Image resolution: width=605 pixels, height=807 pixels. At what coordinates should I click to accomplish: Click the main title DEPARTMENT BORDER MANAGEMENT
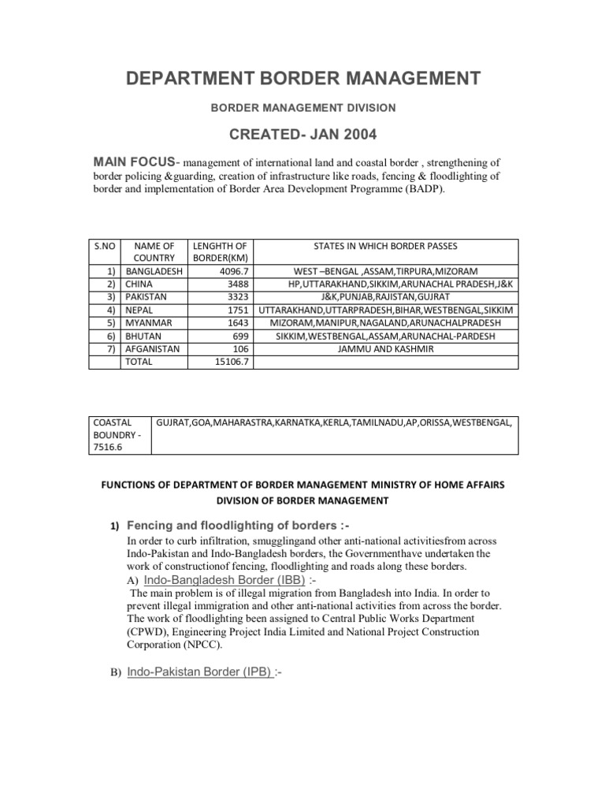302,77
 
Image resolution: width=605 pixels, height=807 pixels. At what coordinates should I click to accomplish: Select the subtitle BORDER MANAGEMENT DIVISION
302,106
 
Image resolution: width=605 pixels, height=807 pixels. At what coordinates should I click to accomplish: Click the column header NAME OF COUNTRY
154,252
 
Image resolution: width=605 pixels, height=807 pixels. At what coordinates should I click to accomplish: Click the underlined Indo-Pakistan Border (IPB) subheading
200,672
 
